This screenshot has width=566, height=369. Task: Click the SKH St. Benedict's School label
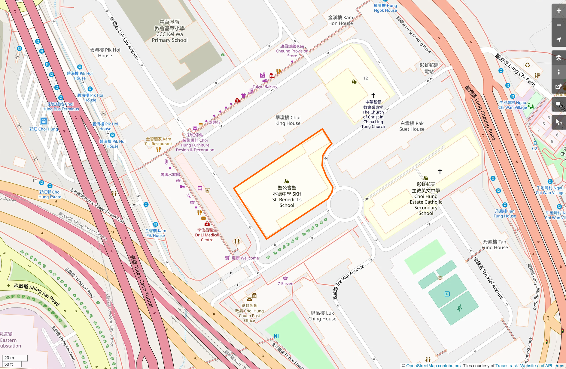(287, 196)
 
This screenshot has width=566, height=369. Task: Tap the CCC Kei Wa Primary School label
(169, 31)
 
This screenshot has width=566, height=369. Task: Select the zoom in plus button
(558, 11)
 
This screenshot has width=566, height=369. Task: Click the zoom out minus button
(558, 25)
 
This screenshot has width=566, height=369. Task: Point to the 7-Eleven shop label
(285, 283)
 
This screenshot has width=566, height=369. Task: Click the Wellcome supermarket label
(245, 258)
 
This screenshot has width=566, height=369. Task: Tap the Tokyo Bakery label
(265, 86)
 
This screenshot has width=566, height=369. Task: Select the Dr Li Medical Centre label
(207, 235)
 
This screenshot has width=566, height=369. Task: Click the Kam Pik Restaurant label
(158, 141)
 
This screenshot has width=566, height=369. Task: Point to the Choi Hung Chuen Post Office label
(249, 313)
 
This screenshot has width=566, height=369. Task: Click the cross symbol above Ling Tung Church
(373, 95)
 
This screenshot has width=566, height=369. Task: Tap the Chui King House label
(288, 120)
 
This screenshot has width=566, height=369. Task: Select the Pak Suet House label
(412, 126)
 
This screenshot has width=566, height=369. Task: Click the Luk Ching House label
(322, 316)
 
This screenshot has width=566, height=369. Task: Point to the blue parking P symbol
(447, 294)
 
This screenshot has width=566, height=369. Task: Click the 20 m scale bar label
(9, 358)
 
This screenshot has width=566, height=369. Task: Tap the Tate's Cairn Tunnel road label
(141, 281)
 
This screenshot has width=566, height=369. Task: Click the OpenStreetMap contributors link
(434, 366)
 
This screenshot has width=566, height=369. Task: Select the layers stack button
(558, 58)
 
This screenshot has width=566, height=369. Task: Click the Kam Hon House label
(340, 20)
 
